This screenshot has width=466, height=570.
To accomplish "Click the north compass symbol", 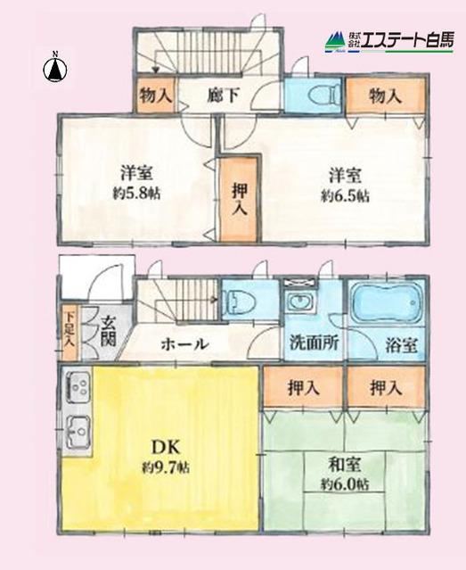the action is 55,68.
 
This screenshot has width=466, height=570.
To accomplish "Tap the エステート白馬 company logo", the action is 389,41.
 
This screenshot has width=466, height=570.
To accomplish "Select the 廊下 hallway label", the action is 223,96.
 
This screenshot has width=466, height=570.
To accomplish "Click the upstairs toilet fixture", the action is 324,95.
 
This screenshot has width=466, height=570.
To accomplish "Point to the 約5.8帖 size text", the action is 136,194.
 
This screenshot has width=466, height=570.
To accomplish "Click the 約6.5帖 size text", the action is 345,196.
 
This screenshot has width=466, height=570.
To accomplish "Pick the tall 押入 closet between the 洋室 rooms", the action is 239,199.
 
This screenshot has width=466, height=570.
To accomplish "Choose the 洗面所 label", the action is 315,343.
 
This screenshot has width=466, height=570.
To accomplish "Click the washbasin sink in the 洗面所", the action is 299,302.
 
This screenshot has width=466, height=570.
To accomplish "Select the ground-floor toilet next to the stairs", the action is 241,301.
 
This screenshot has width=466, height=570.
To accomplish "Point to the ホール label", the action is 184,343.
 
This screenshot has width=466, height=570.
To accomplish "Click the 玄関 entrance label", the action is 109,331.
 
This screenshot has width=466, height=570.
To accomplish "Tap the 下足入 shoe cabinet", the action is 69,334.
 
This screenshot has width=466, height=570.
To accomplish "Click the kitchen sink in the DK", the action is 78,433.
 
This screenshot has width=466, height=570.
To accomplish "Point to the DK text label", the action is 166,447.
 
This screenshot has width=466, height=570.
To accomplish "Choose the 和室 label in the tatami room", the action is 345,465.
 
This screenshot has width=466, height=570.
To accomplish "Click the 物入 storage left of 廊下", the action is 155,95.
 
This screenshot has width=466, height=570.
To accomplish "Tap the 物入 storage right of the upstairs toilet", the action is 386,96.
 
